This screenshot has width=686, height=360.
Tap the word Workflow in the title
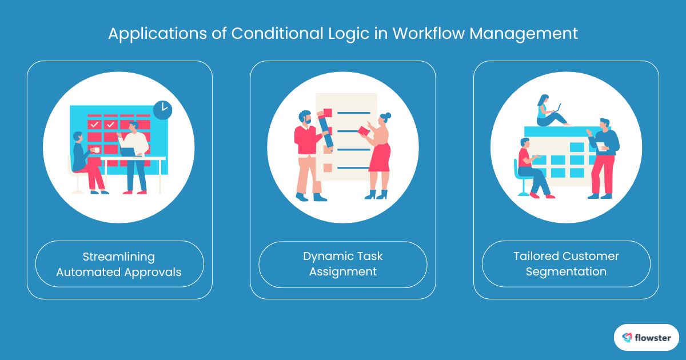point(422,34)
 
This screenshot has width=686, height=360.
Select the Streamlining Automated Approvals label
point(119,264)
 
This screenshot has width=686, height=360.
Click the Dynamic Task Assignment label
point(342,264)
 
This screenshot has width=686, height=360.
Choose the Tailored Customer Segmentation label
point(566,264)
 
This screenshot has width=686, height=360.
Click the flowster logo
point(646,337)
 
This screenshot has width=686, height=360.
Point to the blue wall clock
point(162,110)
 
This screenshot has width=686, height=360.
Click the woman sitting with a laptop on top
point(547,111)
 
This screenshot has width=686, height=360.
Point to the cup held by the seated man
point(95,150)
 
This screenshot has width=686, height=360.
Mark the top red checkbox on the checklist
point(328,113)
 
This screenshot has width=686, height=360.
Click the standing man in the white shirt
point(136,154)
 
